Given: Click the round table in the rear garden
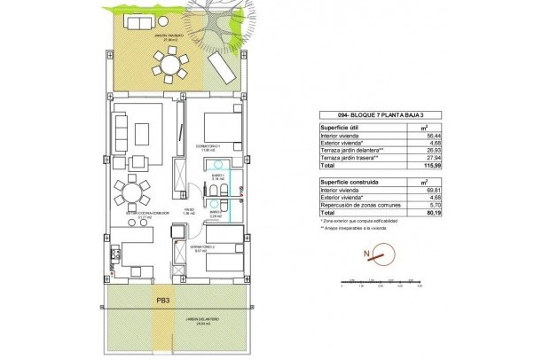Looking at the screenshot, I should pos(169,65).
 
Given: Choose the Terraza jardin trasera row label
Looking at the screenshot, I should pos(357,158).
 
